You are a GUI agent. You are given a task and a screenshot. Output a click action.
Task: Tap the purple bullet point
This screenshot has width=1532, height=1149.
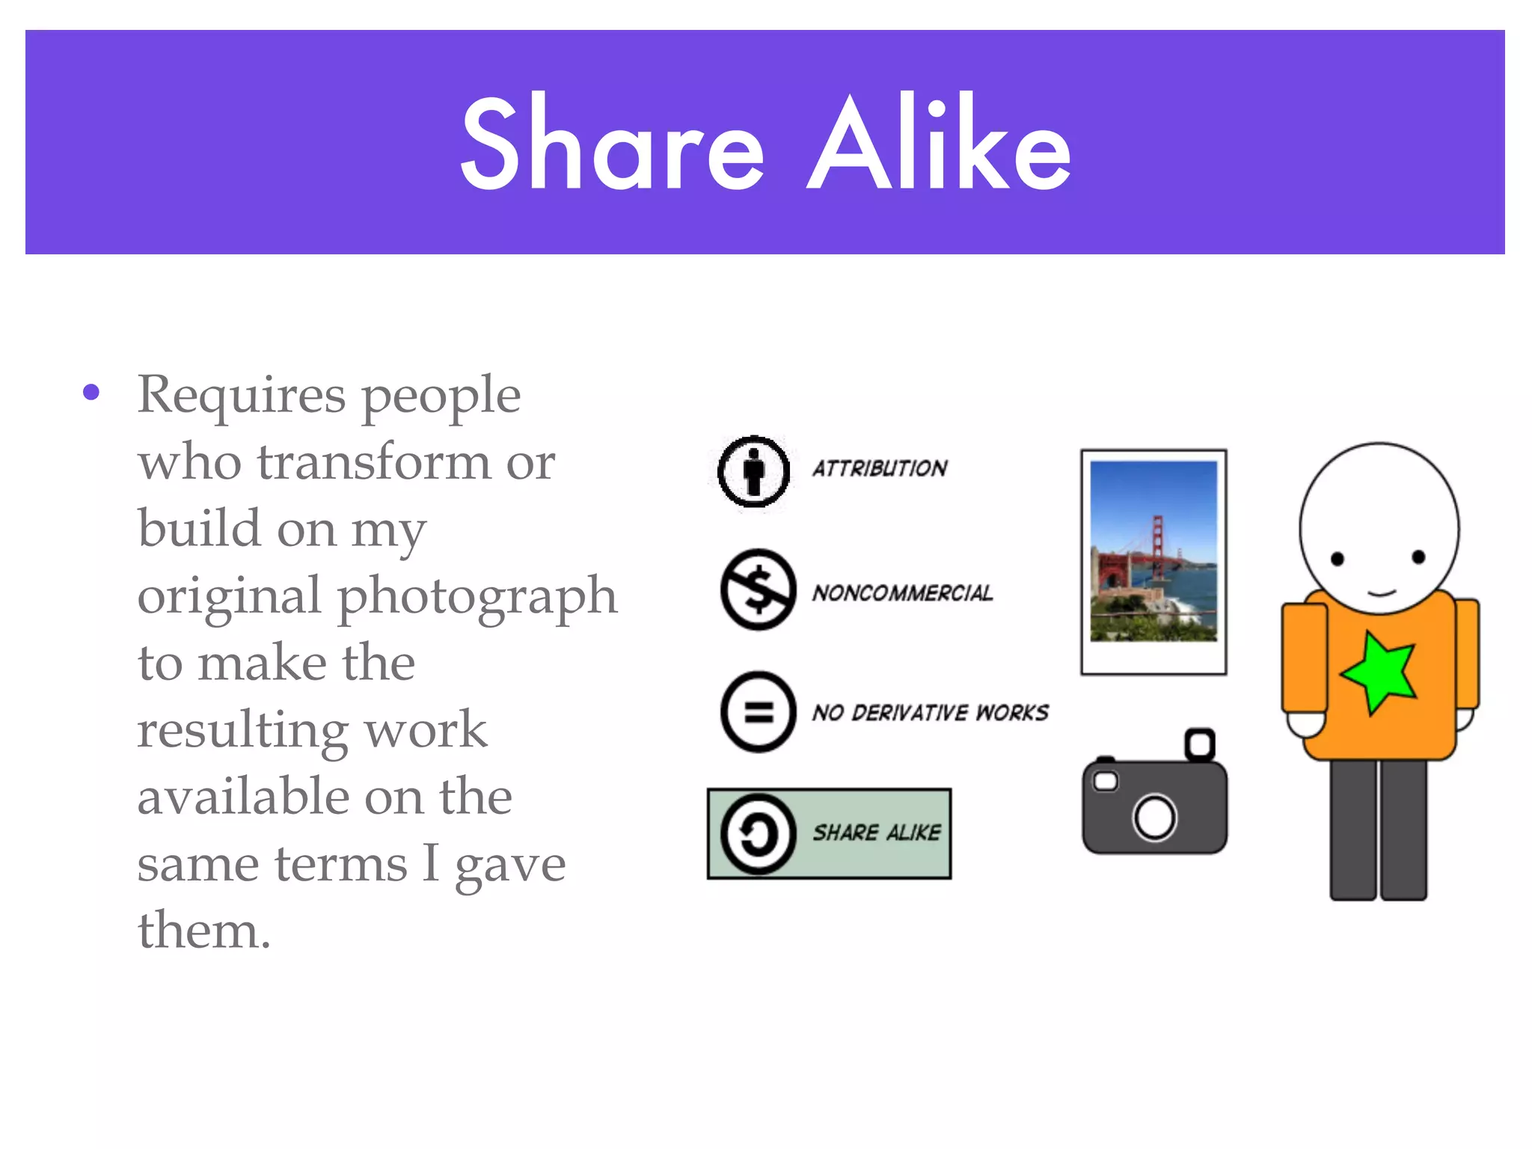pyautogui.click(x=91, y=392)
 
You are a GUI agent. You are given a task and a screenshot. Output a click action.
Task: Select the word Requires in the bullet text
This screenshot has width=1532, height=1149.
pyautogui.click(x=242, y=395)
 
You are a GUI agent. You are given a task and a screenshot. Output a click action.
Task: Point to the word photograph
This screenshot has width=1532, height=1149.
pyautogui.click(x=477, y=597)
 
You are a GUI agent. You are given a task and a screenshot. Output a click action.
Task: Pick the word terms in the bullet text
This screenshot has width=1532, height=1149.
pyautogui.click(x=340, y=864)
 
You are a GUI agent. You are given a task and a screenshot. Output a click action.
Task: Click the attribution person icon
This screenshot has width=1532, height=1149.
pyautogui.click(x=753, y=471)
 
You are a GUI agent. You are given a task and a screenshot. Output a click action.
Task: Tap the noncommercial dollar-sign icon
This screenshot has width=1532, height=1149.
pyautogui.click(x=758, y=589)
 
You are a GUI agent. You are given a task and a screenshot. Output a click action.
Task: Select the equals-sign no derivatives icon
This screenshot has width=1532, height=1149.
pyautogui.click(x=758, y=711)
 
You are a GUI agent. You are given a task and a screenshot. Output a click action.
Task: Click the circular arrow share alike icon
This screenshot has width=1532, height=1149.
pyautogui.click(x=757, y=833)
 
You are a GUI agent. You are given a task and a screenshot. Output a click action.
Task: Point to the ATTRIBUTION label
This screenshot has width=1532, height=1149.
pyautogui.click(x=880, y=468)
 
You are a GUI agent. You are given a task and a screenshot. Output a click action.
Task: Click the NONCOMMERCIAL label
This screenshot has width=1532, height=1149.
pyautogui.click(x=903, y=593)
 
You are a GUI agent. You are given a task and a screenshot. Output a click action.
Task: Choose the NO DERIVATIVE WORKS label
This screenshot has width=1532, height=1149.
pyautogui.click(x=931, y=712)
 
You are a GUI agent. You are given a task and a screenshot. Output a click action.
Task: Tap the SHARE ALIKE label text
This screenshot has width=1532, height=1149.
pyautogui.click(x=877, y=833)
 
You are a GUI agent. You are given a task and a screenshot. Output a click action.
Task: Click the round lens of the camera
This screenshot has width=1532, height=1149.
pyautogui.click(x=1154, y=817)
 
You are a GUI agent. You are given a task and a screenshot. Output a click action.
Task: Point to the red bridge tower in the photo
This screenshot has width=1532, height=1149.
pyautogui.click(x=1159, y=546)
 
